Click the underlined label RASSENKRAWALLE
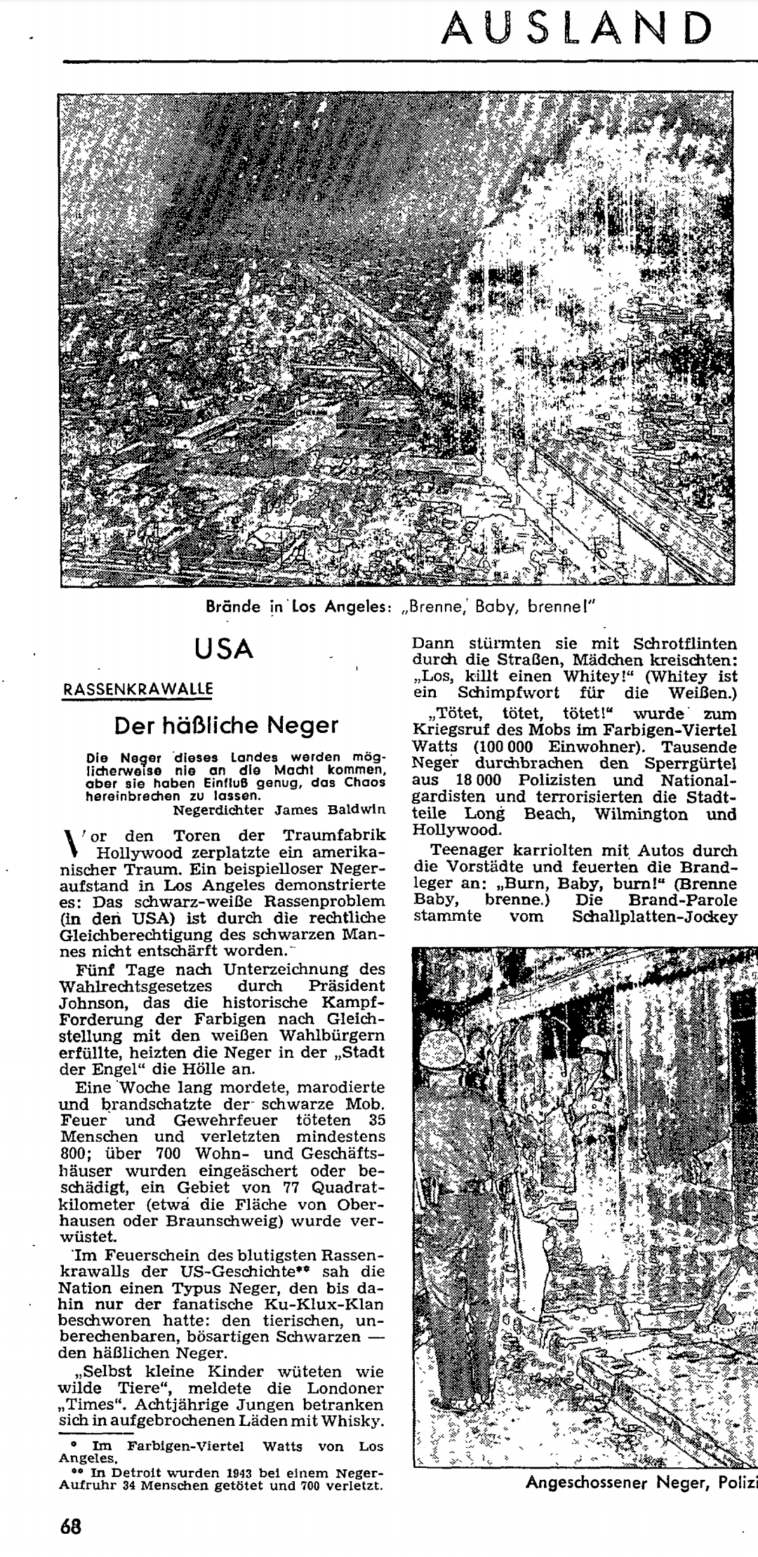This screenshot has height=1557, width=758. point(138,689)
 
